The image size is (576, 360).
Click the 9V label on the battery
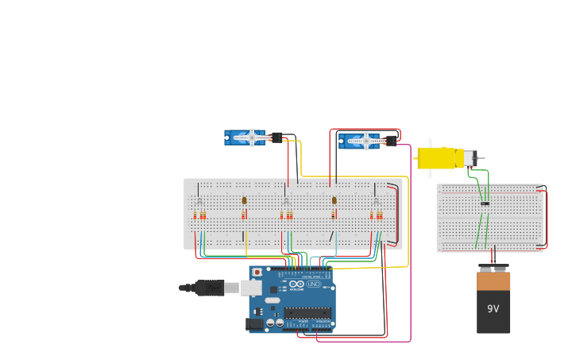[493, 308]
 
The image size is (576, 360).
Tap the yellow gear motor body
[437, 158]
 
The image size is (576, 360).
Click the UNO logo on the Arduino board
[313, 284]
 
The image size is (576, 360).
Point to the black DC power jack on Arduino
[255, 323]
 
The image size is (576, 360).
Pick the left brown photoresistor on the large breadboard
[244, 200]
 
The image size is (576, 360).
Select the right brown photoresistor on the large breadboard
[334, 200]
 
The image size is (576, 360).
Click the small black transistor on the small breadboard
[485, 203]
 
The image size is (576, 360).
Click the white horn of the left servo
[253, 137]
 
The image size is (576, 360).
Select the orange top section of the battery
[493, 281]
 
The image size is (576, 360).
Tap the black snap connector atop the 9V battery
[493, 268]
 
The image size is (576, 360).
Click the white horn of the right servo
[366, 141]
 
